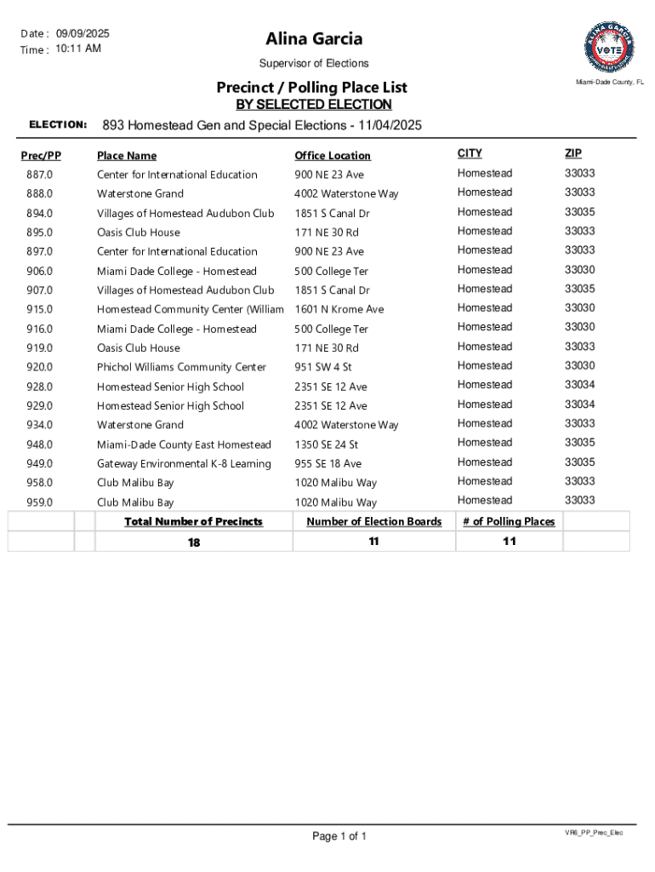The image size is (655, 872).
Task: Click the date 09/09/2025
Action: pyautogui.click(x=83, y=33)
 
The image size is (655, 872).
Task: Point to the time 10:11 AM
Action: pyautogui.click(x=78, y=49)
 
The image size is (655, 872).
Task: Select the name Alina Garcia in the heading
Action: pyautogui.click(x=314, y=38)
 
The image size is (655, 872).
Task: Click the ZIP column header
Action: pyautogui.click(x=572, y=153)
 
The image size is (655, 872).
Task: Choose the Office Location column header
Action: pyautogui.click(x=333, y=156)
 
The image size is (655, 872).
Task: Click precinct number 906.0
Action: pyautogui.click(x=39, y=271)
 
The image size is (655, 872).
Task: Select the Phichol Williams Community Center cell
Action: pyautogui.click(x=181, y=367)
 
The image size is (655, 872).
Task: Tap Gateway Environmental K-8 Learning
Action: pyautogui.click(x=184, y=463)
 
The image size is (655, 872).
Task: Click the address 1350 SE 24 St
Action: pyautogui.click(x=327, y=445)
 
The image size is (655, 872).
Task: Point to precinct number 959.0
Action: pyautogui.click(x=39, y=502)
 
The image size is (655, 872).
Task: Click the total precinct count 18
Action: pyautogui.click(x=194, y=542)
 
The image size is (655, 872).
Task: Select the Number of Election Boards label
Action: pyautogui.click(x=374, y=521)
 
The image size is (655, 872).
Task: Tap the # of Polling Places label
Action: pyautogui.click(x=509, y=521)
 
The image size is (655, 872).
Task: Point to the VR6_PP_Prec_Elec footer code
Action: pyautogui.click(x=594, y=832)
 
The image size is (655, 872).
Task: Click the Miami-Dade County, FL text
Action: pyautogui.click(x=610, y=83)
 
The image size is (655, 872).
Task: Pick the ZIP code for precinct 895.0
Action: pyautogui.click(x=579, y=231)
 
